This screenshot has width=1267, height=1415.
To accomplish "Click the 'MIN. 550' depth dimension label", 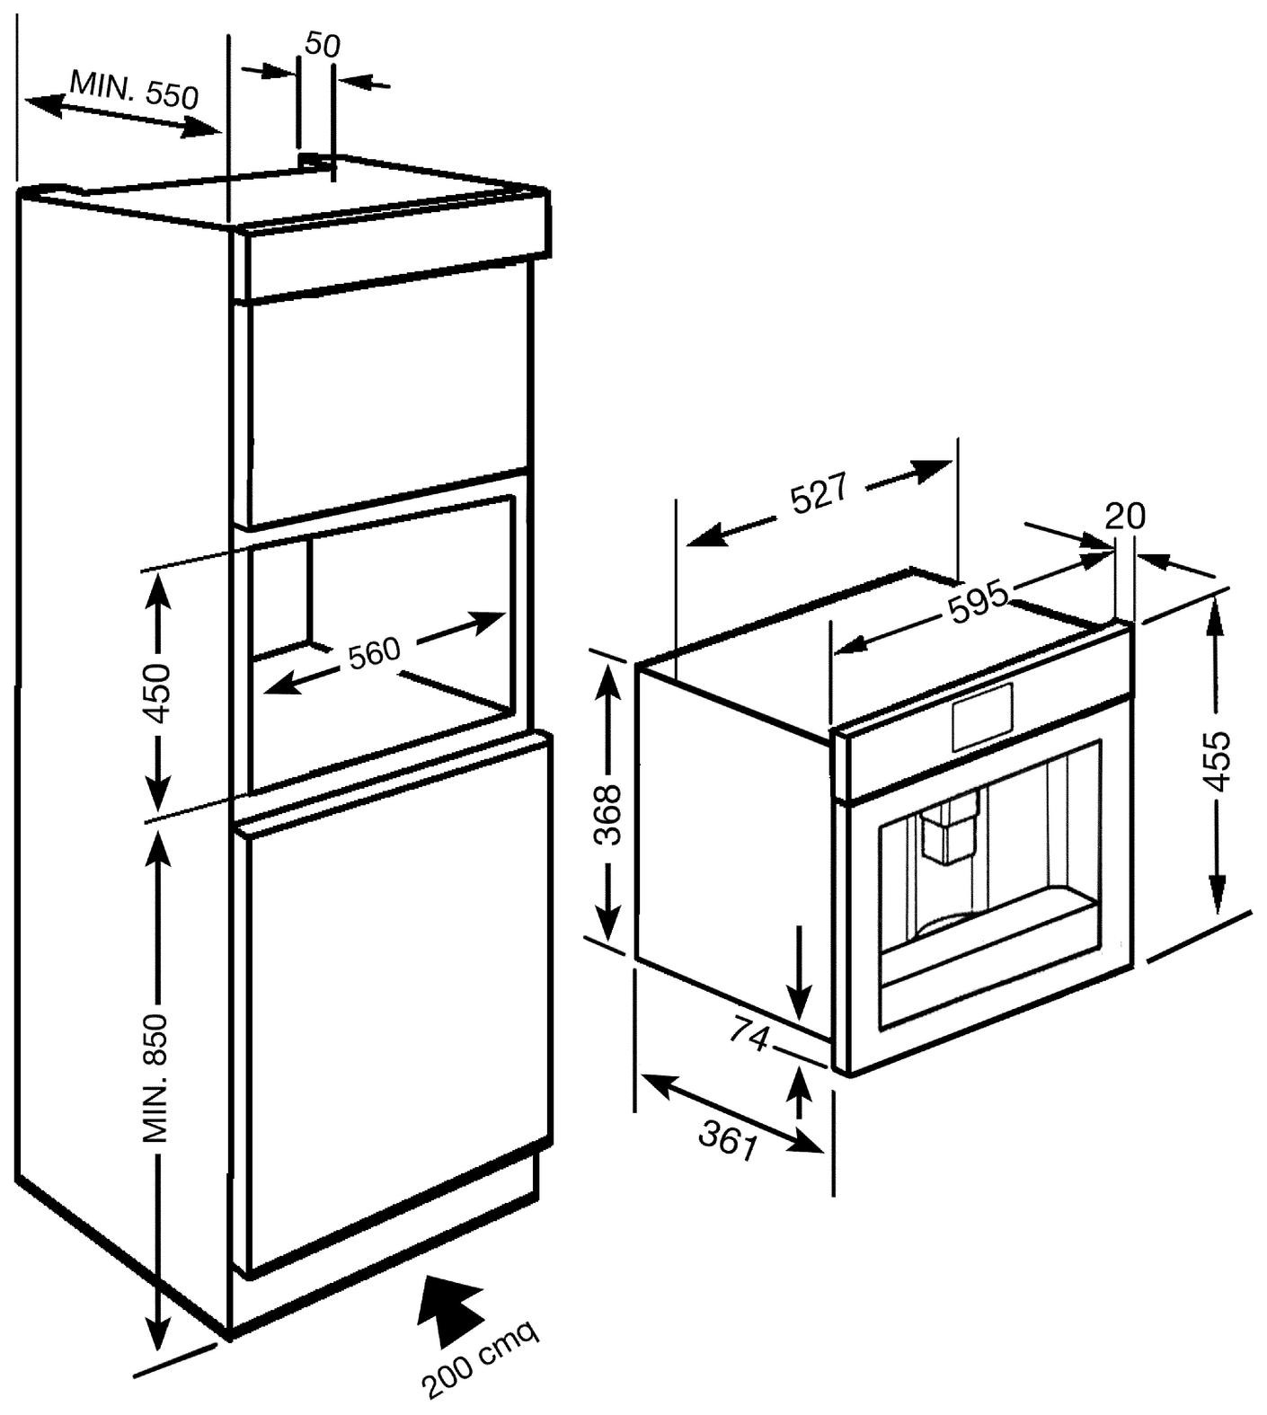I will pos(134,90).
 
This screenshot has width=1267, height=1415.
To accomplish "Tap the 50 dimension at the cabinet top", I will pos(322,45).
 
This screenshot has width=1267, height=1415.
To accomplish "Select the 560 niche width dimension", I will pos(374,651).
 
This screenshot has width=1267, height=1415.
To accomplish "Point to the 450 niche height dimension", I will pos(158,693).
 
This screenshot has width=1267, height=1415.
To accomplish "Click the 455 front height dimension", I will pos(1217,760).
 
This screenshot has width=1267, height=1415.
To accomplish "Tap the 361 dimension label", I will pos(728,1143).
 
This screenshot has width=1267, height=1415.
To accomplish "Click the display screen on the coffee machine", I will pos(983,717).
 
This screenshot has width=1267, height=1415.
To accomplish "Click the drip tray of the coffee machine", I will pos(988,943).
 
